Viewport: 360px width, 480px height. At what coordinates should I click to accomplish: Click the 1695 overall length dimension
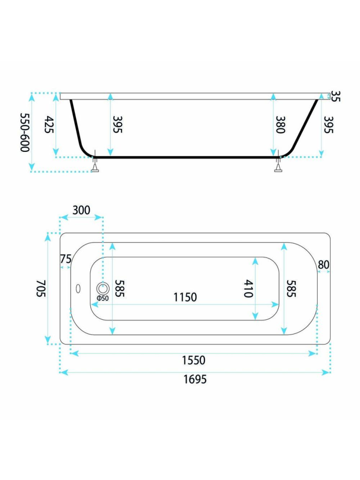195,379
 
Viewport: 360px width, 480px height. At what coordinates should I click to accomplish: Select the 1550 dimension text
194,360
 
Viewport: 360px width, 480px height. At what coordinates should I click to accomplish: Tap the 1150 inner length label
185,297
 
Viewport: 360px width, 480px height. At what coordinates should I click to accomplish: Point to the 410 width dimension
248,289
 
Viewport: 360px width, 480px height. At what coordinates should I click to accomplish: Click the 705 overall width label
41,288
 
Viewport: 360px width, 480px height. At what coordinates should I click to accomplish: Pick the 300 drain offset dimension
81,210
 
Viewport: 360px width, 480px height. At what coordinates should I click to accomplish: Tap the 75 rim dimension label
65,259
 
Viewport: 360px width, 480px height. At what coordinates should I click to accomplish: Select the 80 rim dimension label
323,264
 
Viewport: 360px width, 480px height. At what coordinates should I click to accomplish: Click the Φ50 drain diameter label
102,298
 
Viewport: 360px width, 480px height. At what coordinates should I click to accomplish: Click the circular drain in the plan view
103,288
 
